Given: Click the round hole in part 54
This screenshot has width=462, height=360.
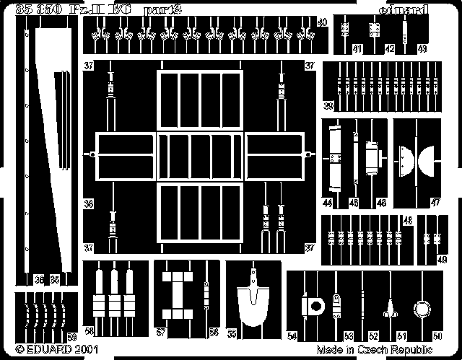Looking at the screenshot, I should coord(315,307).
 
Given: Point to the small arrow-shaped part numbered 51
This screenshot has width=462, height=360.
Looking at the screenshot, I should coord(391,311).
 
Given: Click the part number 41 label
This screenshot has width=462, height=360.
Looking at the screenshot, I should coord(358,49).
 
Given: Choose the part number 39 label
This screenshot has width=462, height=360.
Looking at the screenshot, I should coord(328,107).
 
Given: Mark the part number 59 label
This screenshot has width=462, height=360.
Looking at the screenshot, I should coord(71,335).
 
